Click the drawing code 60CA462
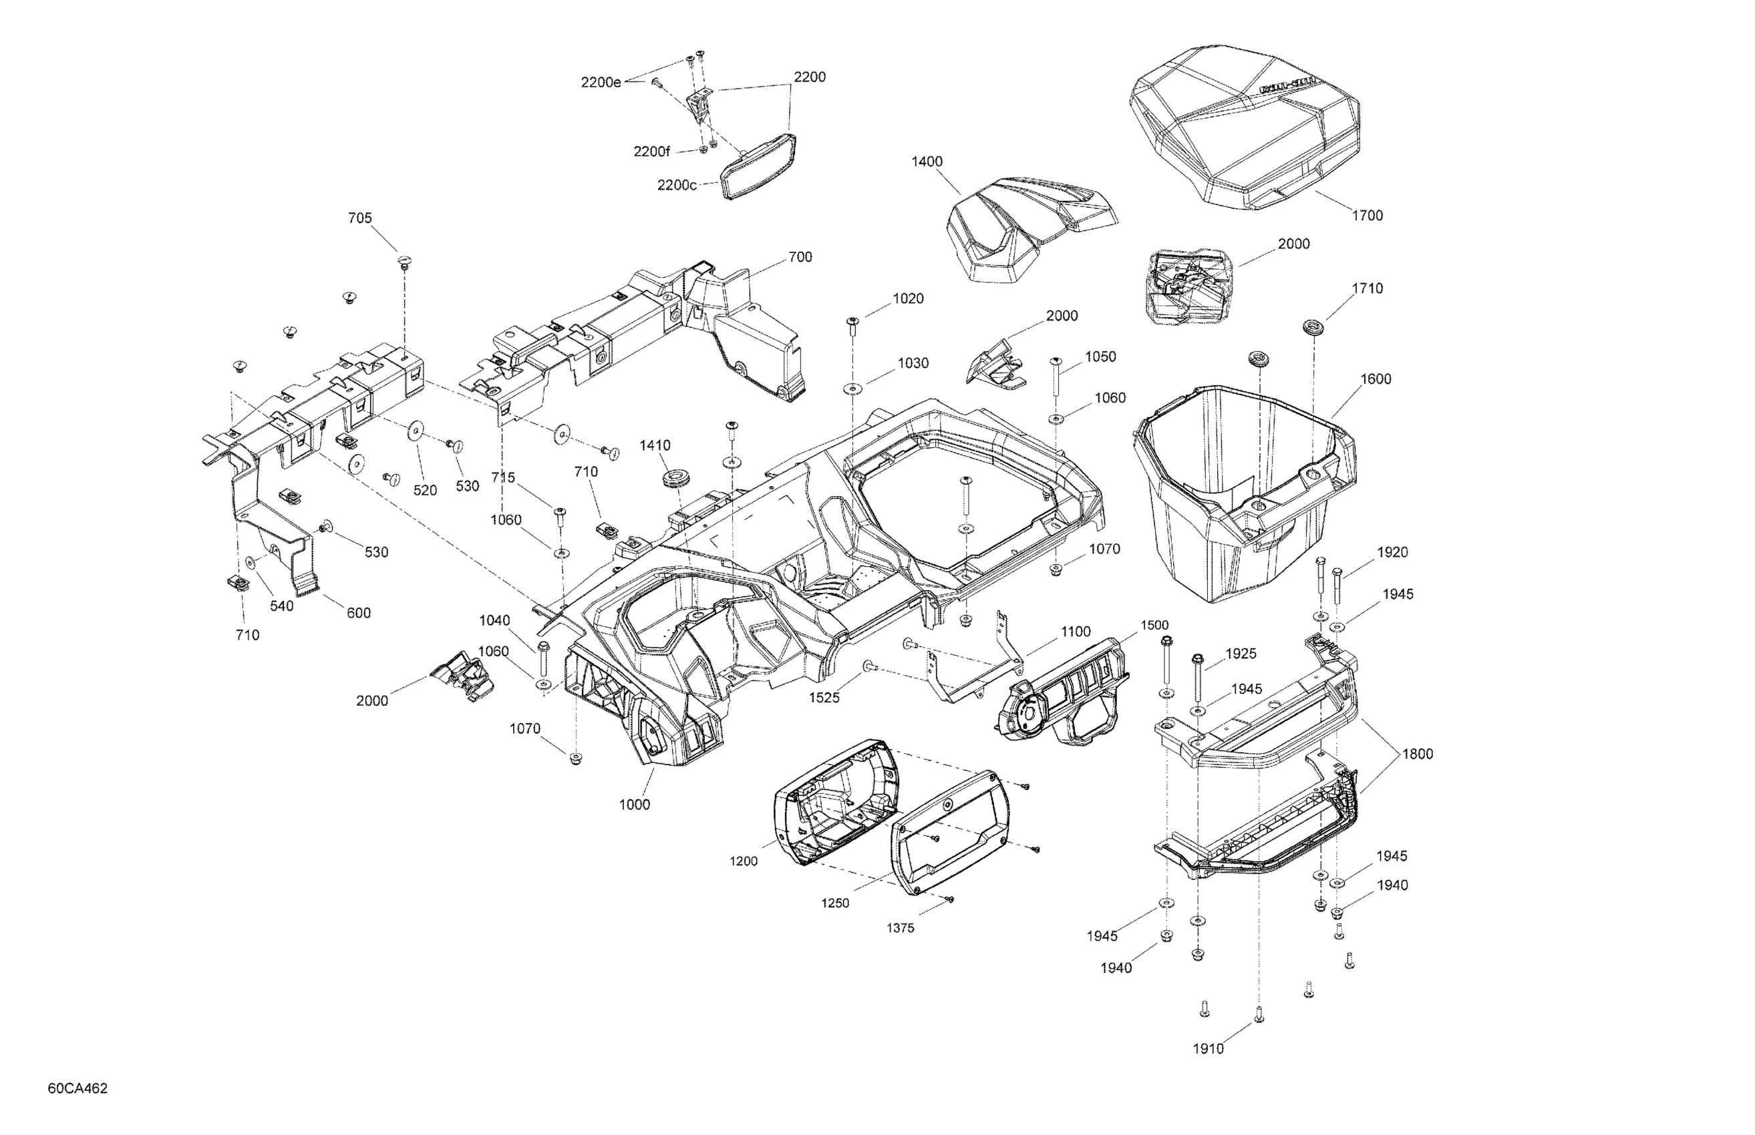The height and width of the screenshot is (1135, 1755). click(77, 1088)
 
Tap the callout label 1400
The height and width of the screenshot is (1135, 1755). click(927, 162)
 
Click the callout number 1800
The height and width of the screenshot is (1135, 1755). click(1417, 754)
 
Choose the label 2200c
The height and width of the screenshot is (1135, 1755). click(677, 185)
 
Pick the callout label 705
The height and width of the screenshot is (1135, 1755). click(360, 218)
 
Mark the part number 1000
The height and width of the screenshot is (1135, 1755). click(634, 805)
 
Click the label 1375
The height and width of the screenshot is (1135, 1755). click(901, 928)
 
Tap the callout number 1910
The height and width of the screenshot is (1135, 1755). click(1208, 1049)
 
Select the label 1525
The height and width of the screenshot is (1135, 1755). click(824, 698)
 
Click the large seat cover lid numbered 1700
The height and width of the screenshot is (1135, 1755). click(1246, 126)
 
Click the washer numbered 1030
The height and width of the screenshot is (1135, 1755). click(853, 389)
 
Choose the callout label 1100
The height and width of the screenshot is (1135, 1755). click(1075, 632)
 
